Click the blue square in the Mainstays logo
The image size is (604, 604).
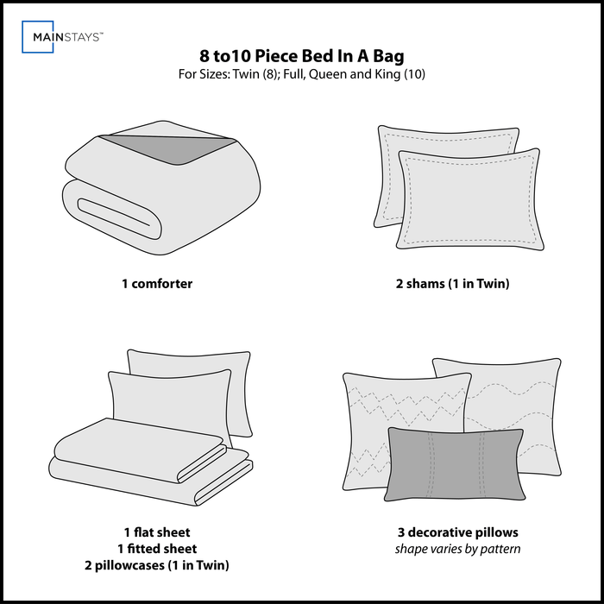click(22, 36)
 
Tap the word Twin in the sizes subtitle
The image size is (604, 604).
click(246, 74)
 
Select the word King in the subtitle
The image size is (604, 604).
click(387, 74)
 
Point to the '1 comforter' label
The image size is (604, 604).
click(157, 284)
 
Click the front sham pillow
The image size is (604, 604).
click(470, 199)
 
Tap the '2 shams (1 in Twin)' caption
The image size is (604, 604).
click(453, 284)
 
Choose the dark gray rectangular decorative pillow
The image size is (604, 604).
click(455, 464)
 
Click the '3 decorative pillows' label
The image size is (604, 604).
click(458, 532)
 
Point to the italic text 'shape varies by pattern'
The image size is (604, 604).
click(457, 549)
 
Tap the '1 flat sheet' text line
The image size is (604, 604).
click(157, 532)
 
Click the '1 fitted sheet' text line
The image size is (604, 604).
click(157, 549)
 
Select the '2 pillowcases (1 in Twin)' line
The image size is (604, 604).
click(157, 565)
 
